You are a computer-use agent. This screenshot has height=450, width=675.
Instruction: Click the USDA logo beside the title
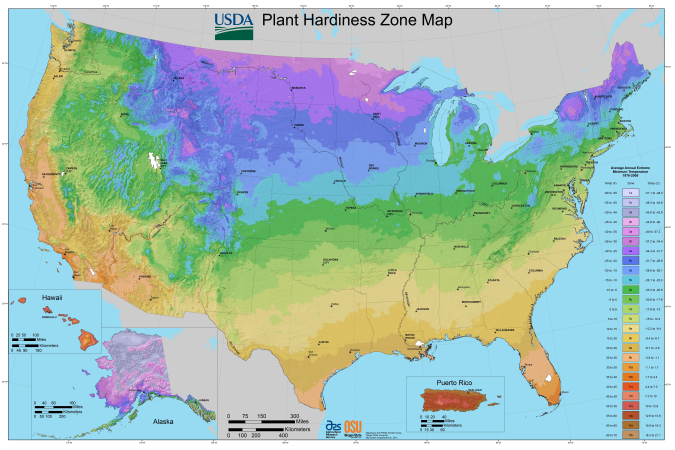pyautogui.click(x=234, y=26)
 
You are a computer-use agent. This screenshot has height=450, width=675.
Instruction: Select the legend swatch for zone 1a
pyautogui.click(x=630, y=193)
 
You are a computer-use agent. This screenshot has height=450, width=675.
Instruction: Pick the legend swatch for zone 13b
pyautogui.click(x=630, y=435)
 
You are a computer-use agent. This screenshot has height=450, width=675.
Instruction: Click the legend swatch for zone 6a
pyautogui.click(x=630, y=290)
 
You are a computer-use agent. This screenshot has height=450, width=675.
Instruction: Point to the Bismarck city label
pyautogui.click(x=298, y=88)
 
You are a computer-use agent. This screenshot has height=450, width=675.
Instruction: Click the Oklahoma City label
pyautogui.click(x=330, y=261)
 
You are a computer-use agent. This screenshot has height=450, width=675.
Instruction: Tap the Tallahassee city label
pyautogui.click(x=504, y=330)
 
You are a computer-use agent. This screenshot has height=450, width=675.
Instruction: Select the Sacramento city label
pyautogui.click(x=51, y=174)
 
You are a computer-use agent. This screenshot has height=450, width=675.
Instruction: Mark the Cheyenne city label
pyautogui.click(x=248, y=171)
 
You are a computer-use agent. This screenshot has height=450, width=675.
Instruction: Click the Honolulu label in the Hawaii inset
pyautogui.click(x=49, y=317)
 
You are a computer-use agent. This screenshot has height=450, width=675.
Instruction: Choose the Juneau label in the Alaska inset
pyautogui.click(x=203, y=400)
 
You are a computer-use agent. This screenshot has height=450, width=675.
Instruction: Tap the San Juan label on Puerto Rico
pyautogui.click(x=474, y=390)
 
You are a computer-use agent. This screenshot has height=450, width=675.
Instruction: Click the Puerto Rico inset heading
pyautogui.click(x=454, y=383)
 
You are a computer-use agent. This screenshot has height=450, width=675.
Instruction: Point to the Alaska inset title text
pyautogui.click(x=163, y=421)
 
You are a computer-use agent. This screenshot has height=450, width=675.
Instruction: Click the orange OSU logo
pyautogui.click(x=353, y=426)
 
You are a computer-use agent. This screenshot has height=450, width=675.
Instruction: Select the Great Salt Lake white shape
pyautogui.click(x=152, y=160)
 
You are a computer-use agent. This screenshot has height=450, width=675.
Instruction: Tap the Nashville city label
pyautogui.click(x=461, y=246)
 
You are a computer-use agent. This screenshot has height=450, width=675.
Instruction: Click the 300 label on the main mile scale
pyautogui.click(x=294, y=416)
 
